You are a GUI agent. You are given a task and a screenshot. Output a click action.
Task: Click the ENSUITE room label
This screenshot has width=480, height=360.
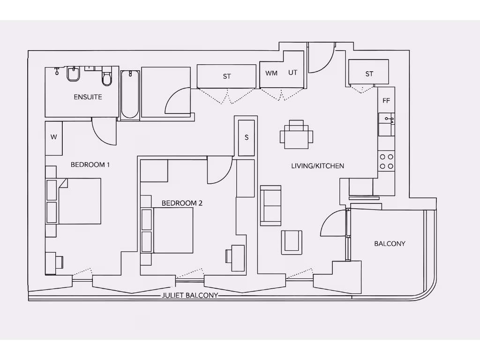88,97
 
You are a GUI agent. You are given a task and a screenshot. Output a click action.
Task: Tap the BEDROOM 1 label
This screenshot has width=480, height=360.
90,165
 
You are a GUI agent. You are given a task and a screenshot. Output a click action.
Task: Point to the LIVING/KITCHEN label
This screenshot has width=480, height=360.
317,166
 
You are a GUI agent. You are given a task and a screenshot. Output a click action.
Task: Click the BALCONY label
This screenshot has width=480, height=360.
390,244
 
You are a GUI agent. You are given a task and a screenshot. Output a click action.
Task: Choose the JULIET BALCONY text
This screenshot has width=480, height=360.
190,295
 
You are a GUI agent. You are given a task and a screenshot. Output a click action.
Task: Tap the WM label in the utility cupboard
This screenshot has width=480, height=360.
271,73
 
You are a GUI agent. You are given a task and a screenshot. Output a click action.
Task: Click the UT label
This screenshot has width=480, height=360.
293,73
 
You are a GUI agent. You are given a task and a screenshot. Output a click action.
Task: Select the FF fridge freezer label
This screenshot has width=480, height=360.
386,101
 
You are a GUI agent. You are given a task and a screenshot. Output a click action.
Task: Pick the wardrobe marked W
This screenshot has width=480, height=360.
54,137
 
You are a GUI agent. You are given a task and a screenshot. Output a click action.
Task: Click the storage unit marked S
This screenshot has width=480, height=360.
247,138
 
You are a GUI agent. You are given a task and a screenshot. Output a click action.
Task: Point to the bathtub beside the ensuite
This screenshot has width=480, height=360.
130,94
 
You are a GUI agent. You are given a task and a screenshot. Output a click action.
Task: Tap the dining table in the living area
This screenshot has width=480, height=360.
296,136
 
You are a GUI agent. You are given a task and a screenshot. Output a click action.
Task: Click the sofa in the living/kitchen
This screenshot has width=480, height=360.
270,205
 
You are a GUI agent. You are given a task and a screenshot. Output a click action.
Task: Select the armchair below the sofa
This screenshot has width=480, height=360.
292,242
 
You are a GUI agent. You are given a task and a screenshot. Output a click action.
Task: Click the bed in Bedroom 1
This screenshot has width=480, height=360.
79,201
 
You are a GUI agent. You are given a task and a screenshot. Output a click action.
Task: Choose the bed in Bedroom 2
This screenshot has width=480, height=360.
172,230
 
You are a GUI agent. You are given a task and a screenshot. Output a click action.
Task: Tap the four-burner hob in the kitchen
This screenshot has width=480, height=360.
387,162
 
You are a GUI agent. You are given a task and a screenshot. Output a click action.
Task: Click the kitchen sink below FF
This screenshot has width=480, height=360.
387,120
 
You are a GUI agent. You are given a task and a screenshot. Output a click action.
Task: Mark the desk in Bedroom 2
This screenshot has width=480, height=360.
238,257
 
